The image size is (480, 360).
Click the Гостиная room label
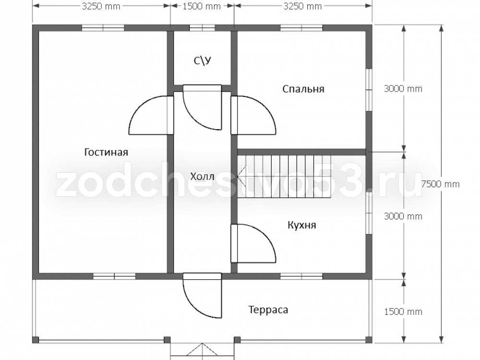point(106,152)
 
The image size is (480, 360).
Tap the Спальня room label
point(303,89)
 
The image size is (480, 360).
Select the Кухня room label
point(302,225)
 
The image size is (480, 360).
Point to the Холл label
point(203,177)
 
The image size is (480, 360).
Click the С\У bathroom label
point(203,61)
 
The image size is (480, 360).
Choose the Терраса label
point(268,310)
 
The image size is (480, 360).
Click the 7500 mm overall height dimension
point(441,184)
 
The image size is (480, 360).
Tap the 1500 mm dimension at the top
point(202,6)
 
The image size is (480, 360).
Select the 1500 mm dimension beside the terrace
point(403,312)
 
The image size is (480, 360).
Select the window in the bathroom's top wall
point(202,28)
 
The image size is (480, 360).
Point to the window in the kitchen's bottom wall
point(301,276)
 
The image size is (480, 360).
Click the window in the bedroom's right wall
point(369,90)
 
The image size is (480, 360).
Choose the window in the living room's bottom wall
point(114,276)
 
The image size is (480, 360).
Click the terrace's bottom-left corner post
point(36,340)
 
